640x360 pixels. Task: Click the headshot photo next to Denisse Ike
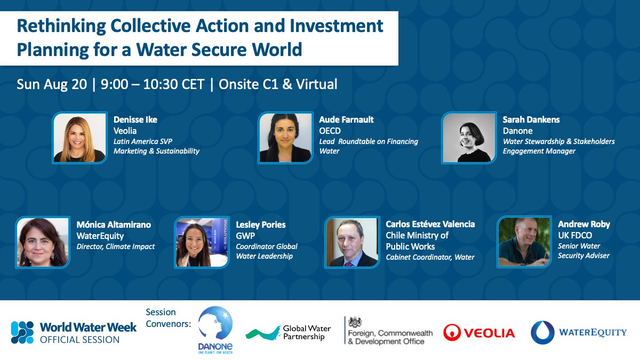tap(79, 138)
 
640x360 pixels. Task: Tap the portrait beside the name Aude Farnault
tap(285, 138)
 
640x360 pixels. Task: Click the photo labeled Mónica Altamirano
tap(43, 242)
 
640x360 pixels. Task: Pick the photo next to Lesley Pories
tap(202, 242)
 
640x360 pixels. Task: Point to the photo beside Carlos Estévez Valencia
tap(352, 242)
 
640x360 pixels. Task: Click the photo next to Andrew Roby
tap(524, 242)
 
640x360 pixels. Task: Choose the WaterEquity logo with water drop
tap(579, 332)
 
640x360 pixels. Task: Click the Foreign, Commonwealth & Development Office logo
tap(389, 332)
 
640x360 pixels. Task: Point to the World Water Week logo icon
tap(22, 332)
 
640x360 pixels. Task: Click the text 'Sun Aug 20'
tap(52, 84)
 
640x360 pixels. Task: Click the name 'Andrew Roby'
tap(583, 224)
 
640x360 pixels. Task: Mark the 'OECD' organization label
tap(330, 131)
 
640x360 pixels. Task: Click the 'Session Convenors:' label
tap(168, 318)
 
